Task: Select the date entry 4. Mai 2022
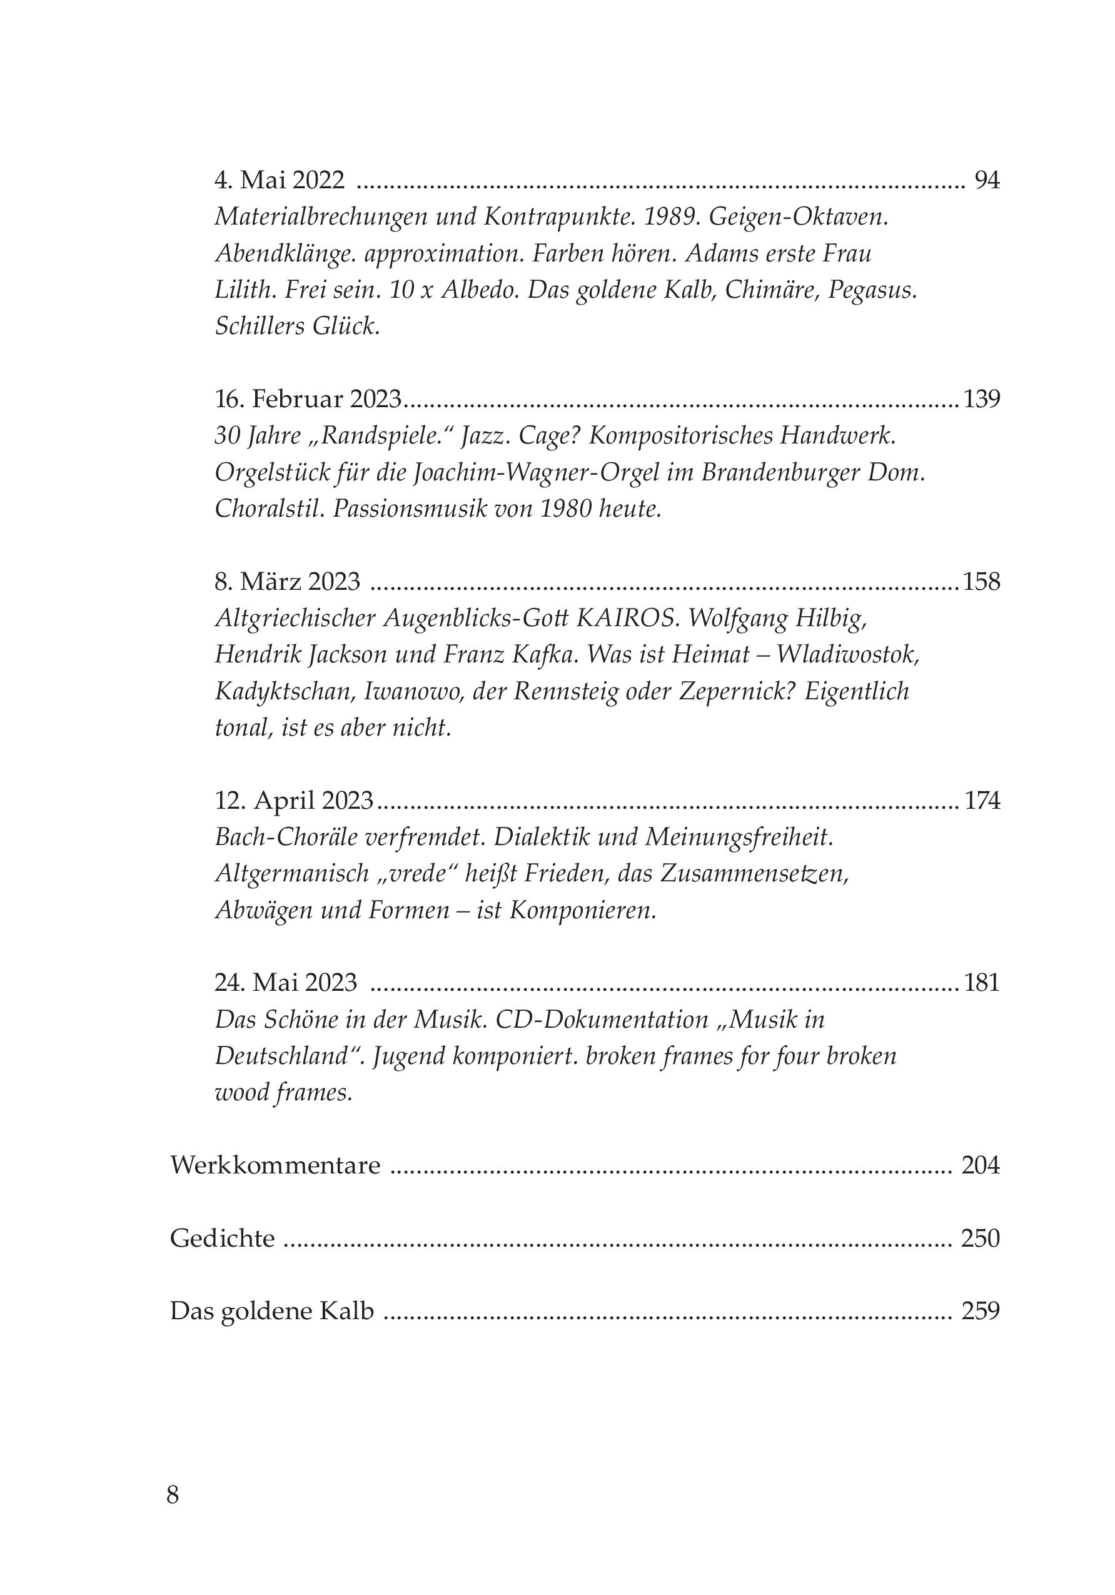click(280, 181)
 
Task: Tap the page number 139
click(982, 400)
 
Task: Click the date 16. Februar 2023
click(308, 400)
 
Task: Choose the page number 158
click(982, 582)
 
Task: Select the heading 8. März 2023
click(288, 582)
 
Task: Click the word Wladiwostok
click(847, 654)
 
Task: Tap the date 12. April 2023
click(295, 801)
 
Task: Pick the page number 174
click(982, 801)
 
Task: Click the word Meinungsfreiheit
click(739, 838)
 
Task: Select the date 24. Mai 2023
click(286, 982)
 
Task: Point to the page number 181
click(982, 982)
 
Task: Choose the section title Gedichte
click(222, 1238)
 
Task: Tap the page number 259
click(980, 1312)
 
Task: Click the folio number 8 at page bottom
click(173, 1494)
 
